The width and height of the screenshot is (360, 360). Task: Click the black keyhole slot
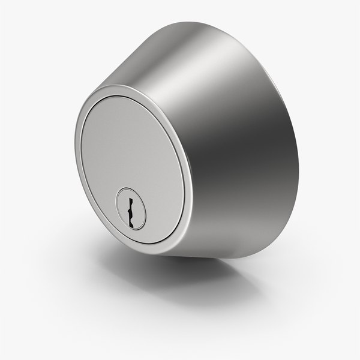click(130, 209)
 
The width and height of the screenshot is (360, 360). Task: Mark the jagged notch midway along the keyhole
click(128, 210)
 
